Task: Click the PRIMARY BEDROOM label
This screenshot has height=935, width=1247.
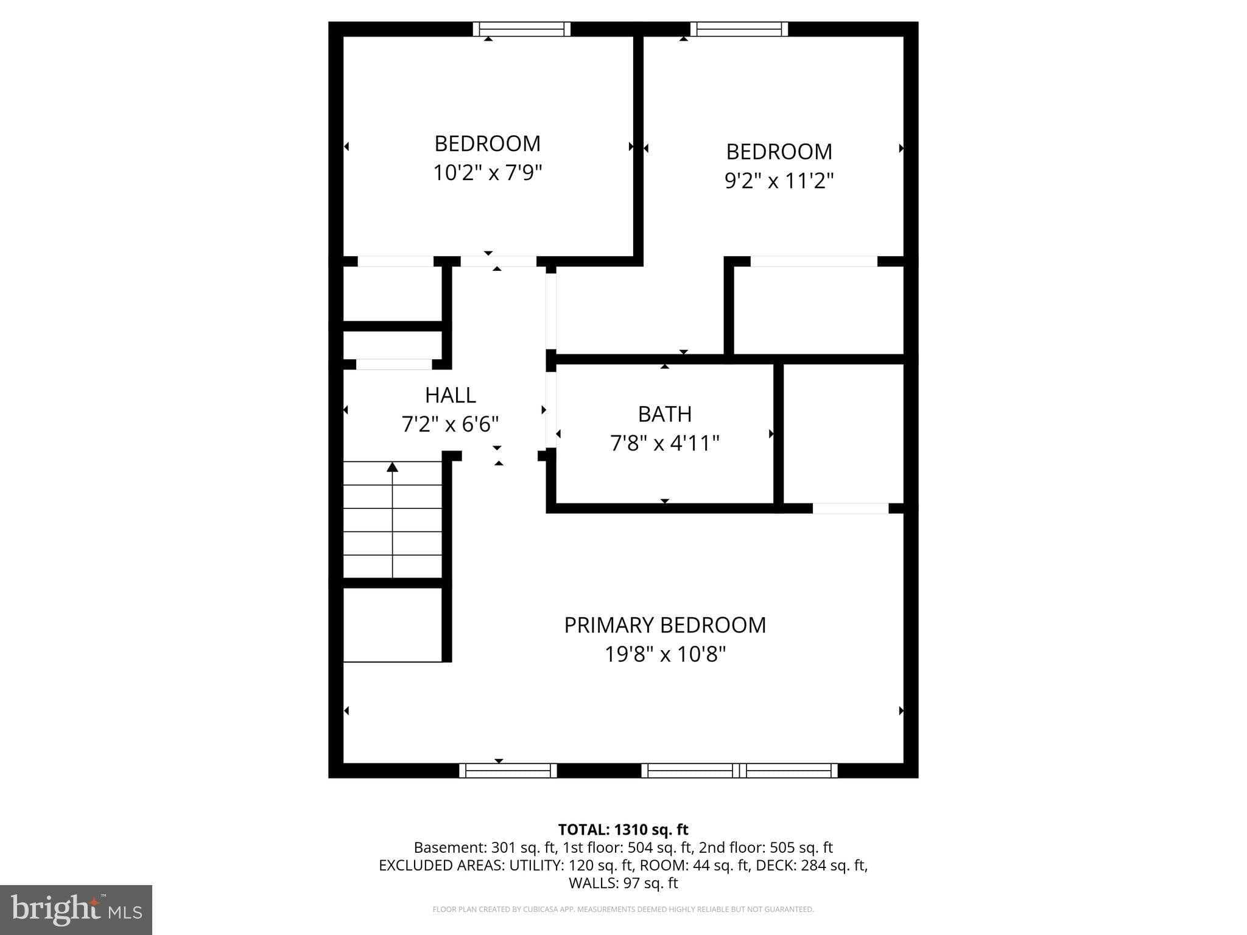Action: pos(665,625)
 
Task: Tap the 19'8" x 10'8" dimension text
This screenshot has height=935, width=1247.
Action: pos(665,654)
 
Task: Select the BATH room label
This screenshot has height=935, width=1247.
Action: pos(664,414)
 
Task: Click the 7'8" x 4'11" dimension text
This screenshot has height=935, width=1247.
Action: pos(664,443)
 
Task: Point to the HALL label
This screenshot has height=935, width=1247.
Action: pos(450,395)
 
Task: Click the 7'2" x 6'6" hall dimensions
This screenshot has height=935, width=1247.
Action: pos(450,424)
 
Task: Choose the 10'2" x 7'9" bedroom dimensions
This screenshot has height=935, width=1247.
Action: pos(487,173)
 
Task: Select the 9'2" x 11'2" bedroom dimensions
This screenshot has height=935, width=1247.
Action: pos(779,181)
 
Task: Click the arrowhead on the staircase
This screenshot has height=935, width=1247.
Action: pos(393,467)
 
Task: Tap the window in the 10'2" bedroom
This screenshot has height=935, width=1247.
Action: pos(522,29)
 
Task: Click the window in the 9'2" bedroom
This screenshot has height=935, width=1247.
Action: pos(739,29)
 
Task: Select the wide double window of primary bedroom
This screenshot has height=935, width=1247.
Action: pos(739,770)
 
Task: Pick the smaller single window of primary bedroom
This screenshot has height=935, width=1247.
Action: pos(508,770)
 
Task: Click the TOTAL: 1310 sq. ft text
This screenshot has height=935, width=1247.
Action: pos(623,830)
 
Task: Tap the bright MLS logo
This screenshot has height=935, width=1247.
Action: pos(76,909)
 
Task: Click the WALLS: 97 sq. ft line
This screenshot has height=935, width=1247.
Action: pos(623,883)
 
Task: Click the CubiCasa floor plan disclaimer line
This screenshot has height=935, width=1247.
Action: pos(623,909)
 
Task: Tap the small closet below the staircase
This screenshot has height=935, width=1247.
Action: pos(392,624)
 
